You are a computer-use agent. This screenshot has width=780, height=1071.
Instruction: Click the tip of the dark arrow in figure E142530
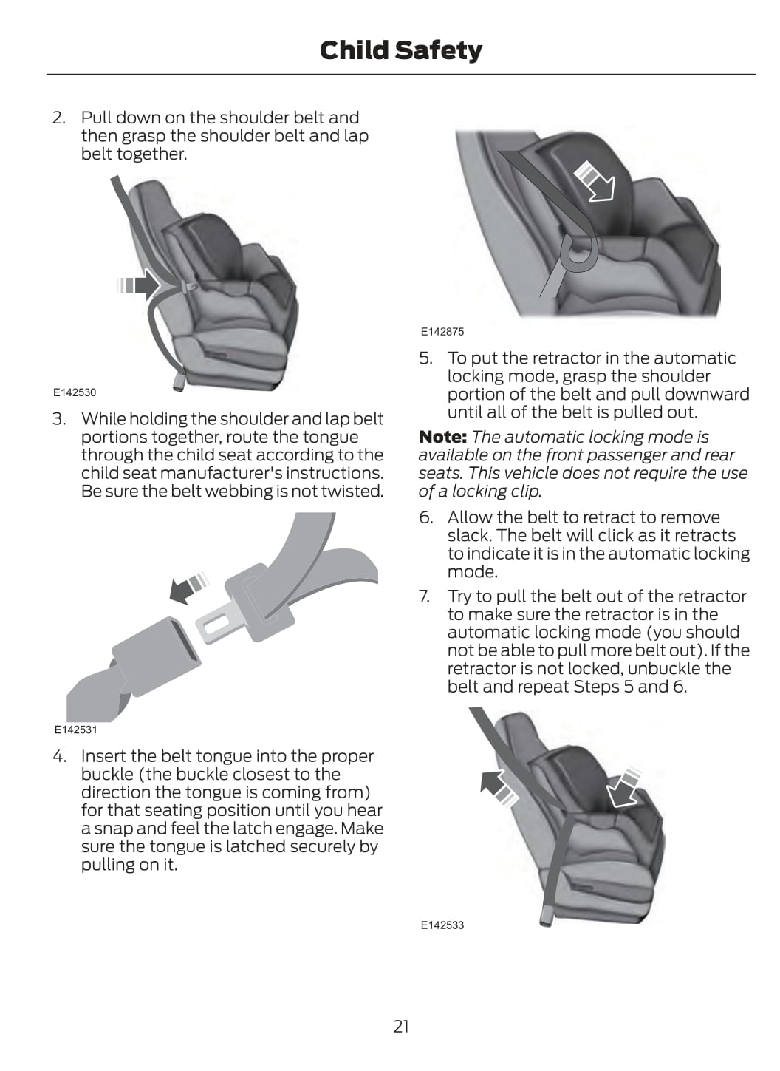(x=160, y=285)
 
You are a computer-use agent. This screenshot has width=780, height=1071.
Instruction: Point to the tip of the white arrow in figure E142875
(x=612, y=200)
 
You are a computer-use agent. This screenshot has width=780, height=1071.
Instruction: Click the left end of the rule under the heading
(x=47, y=74)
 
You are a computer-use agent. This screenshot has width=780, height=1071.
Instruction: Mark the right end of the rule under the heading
(x=756, y=74)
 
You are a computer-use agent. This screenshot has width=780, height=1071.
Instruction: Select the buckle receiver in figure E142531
(x=156, y=657)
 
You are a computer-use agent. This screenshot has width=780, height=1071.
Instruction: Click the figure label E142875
(x=442, y=332)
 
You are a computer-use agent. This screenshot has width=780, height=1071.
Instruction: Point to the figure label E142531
(x=75, y=730)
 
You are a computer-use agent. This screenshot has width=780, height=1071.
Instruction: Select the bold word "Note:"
(x=442, y=437)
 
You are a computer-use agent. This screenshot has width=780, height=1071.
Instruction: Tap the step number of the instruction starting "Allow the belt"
(x=426, y=517)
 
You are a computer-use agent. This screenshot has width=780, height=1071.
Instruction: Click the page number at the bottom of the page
(x=401, y=1027)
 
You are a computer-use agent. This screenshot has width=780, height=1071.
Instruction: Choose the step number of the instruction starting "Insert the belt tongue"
(x=59, y=756)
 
